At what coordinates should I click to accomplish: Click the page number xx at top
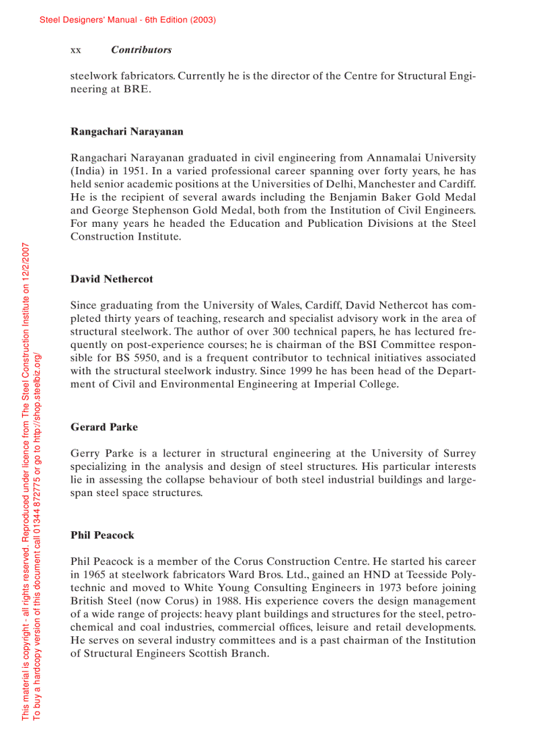pyautogui.click(x=75, y=50)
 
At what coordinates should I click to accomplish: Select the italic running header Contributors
pyautogui.click(x=141, y=50)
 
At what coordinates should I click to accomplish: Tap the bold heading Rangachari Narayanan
pyautogui.click(x=126, y=131)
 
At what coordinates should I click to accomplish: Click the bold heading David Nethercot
pyautogui.click(x=112, y=279)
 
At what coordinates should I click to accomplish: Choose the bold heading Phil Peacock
pyautogui.click(x=102, y=535)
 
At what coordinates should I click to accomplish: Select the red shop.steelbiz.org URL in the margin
pyautogui.click(x=38, y=383)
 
